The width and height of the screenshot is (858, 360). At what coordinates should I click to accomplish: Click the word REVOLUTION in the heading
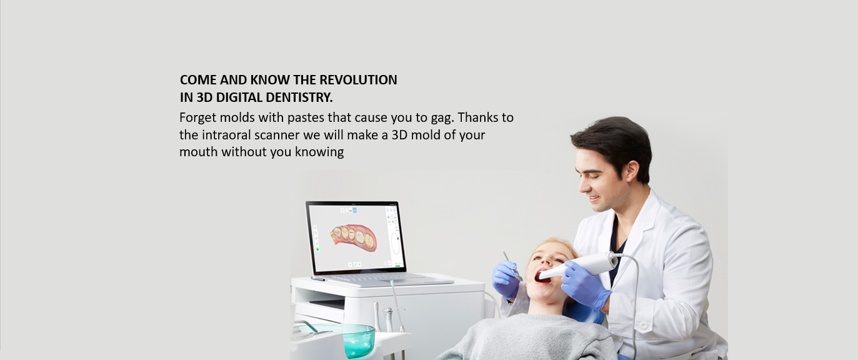[x=358, y=79]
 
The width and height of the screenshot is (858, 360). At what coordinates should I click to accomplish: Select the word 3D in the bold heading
[x=204, y=97]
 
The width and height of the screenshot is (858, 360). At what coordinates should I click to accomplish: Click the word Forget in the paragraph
[x=197, y=117]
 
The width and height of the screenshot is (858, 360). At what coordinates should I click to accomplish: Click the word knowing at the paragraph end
[x=319, y=152]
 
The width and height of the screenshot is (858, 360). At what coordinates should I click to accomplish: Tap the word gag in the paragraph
[x=442, y=118]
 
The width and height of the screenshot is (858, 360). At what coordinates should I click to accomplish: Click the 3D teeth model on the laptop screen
[x=354, y=237]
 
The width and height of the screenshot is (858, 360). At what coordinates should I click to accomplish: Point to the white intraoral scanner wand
[x=579, y=266]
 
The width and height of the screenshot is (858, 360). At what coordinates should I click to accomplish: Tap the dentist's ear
[x=631, y=172]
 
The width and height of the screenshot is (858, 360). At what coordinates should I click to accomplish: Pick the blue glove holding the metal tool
[x=505, y=279]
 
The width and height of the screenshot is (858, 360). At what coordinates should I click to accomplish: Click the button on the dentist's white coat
[x=644, y=326]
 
